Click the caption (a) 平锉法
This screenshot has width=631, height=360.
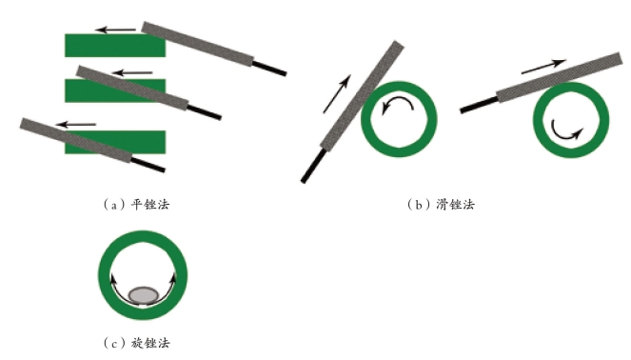(136, 205)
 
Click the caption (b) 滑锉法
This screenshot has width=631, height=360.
(441, 205)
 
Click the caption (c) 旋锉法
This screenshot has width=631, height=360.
(136, 343)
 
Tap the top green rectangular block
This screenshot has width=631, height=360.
(115, 45)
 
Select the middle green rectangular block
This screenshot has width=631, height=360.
(115, 90)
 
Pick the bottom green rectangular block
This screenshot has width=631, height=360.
(115, 142)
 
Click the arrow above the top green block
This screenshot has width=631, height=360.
(115, 30)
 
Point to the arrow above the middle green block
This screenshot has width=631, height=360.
(132, 73)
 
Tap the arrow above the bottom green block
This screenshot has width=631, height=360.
(75, 125)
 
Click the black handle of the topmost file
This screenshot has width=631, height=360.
(269, 68)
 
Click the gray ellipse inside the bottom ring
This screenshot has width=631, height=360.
(144, 295)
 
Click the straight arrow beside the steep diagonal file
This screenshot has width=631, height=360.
(337, 94)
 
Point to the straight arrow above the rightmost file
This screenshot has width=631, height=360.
(543, 67)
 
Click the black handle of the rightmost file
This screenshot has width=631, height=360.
(479, 105)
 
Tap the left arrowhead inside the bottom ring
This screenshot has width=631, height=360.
(114, 278)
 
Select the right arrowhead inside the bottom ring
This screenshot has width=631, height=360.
(173, 278)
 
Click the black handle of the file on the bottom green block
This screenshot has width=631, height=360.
(148, 165)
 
